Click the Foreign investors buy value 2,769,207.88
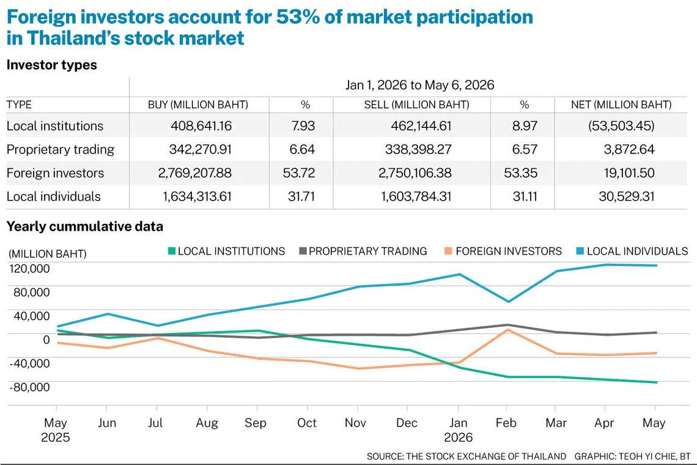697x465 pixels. (x=194, y=173)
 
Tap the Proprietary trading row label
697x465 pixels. (x=61, y=149)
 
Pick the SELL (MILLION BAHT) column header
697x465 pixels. (x=416, y=105)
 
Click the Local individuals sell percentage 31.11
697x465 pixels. (x=525, y=196)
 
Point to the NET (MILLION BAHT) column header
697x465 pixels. (x=621, y=105)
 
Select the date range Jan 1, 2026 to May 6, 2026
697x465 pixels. (x=419, y=85)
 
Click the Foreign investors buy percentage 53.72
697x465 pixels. (x=299, y=173)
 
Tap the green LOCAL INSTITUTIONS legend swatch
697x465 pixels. (x=172, y=251)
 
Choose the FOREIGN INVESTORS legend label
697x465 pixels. (x=509, y=251)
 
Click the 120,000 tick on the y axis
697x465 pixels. (x=29, y=269)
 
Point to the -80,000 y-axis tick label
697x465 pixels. (x=29, y=387)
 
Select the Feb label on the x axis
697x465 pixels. (x=506, y=422)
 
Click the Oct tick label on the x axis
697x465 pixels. (x=307, y=422)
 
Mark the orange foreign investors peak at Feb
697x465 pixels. (x=507, y=330)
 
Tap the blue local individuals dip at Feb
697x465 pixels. (x=508, y=301)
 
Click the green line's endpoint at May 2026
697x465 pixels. (x=656, y=382)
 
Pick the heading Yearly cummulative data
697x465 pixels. (x=85, y=226)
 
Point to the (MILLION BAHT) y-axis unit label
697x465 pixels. (x=48, y=254)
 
